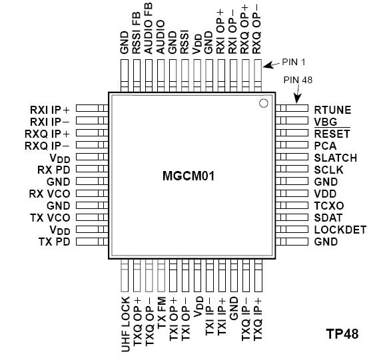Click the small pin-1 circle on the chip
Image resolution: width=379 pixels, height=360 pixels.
pyautogui.click(x=263, y=103)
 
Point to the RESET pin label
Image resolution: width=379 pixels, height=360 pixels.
pyautogui.click(x=331, y=134)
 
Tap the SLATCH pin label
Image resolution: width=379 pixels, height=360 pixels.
pyautogui.click(x=335, y=158)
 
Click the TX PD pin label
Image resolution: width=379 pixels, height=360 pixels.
pyautogui.click(x=55, y=242)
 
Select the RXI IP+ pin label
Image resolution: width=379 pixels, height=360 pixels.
pyautogui.click(x=50, y=109)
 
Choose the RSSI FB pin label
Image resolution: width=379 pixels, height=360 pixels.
pyautogui.click(x=137, y=39)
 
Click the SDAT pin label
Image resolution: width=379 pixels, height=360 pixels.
pyautogui.click(x=328, y=218)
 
